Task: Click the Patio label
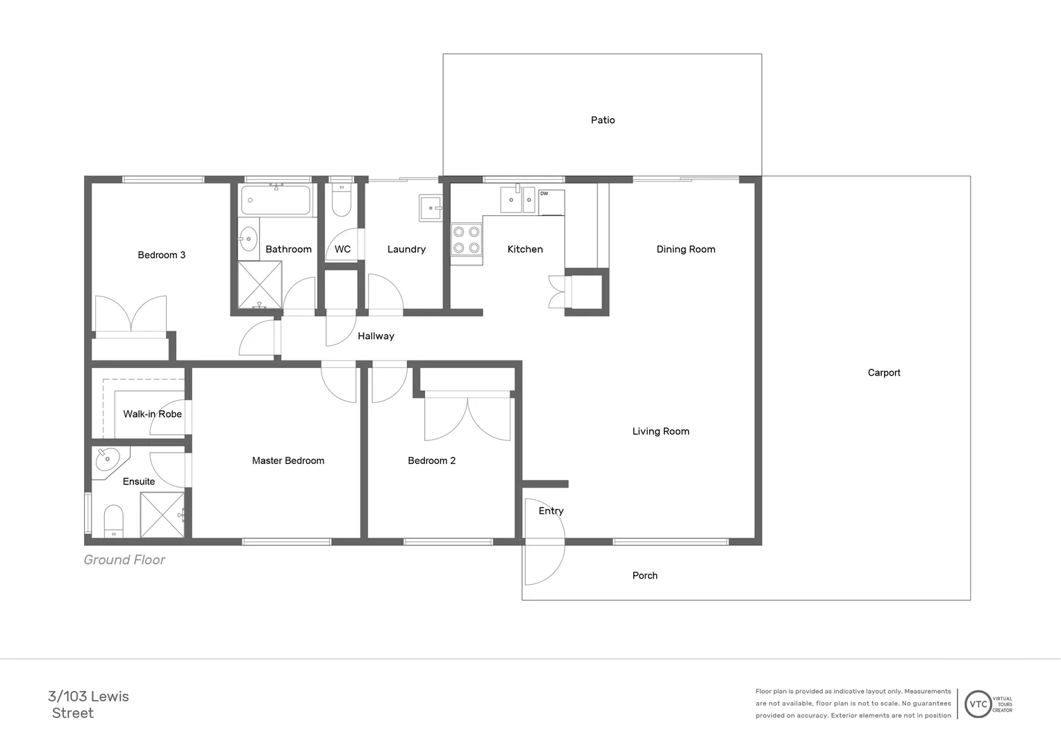[603, 120]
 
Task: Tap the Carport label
[883, 373]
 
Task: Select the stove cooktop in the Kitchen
[466, 240]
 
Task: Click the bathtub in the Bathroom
[276, 200]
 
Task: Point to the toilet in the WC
[342, 201]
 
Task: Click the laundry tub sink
[431, 208]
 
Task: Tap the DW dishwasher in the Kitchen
[551, 202]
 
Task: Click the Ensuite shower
[162, 515]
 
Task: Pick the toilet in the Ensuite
[113, 521]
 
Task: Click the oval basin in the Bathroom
[248, 238]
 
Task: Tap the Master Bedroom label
[287, 460]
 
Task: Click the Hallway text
[376, 336]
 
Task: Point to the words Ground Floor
[124, 560]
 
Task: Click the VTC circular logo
[978, 704]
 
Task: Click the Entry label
[551, 511]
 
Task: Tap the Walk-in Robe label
[152, 414]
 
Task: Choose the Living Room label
[660, 431]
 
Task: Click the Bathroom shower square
[260, 284]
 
